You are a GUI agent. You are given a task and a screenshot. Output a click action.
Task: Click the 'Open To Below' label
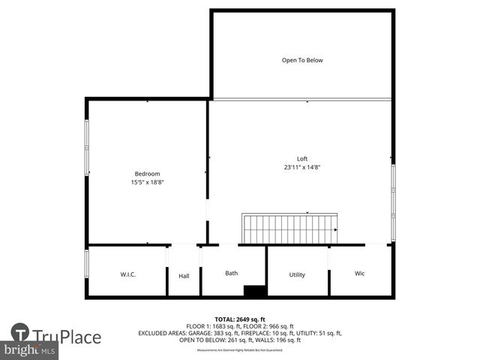click(302, 60)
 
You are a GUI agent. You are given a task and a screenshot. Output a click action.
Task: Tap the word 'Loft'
click(302, 158)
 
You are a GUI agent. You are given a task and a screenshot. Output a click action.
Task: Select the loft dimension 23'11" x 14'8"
click(302, 167)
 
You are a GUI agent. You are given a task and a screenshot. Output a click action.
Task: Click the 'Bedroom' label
click(147, 174)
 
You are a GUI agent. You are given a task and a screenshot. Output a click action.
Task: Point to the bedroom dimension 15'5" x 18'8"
click(147, 182)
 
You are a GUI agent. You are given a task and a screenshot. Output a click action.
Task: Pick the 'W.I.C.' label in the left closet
click(127, 274)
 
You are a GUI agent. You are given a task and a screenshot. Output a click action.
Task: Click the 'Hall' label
click(184, 276)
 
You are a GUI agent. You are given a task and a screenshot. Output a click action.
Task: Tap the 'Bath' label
click(232, 273)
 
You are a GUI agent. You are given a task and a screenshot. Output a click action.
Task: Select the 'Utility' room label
click(297, 274)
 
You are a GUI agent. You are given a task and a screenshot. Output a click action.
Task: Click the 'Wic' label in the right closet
click(359, 274)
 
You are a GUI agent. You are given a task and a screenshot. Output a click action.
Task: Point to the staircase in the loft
click(289, 229)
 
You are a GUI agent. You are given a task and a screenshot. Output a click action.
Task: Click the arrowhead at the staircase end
click(334, 230)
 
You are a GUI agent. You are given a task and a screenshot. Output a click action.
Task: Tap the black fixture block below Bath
click(255, 292)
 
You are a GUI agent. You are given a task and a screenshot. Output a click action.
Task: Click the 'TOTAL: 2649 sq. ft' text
click(239, 319)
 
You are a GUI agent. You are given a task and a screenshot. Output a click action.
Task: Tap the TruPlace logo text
click(66, 337)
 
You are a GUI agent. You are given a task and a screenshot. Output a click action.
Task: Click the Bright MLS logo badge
click(29, 350)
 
